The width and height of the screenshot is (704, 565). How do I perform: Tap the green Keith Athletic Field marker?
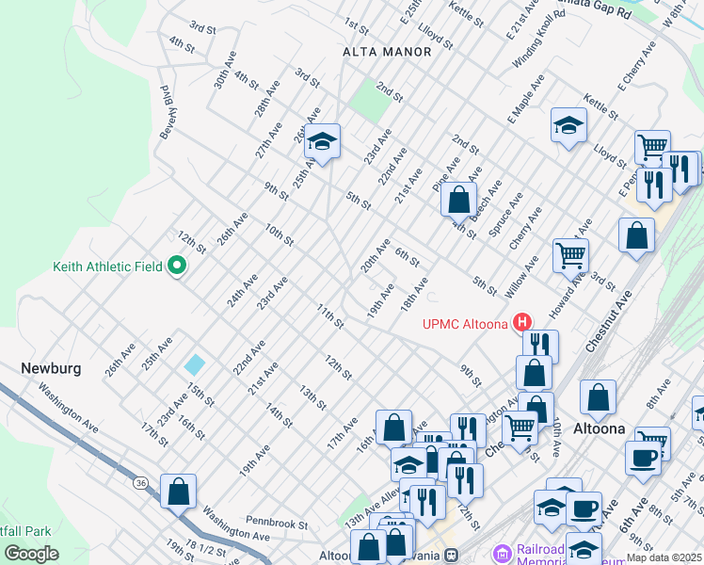point(176,267)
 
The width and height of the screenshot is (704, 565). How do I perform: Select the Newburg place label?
point(51,367)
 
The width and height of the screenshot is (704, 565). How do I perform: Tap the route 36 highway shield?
point(140,482)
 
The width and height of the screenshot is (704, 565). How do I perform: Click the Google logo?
point(32,553)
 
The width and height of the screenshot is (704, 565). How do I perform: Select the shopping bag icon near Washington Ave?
point(178,491)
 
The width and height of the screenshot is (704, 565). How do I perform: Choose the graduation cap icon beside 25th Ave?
point(323,142)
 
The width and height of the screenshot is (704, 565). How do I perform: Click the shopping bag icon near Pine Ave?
point(458,200)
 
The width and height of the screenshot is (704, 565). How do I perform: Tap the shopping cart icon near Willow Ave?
point(570,253)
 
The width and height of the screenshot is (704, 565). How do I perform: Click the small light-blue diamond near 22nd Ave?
point(195,363)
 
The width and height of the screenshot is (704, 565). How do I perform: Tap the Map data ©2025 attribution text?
point(664,557)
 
